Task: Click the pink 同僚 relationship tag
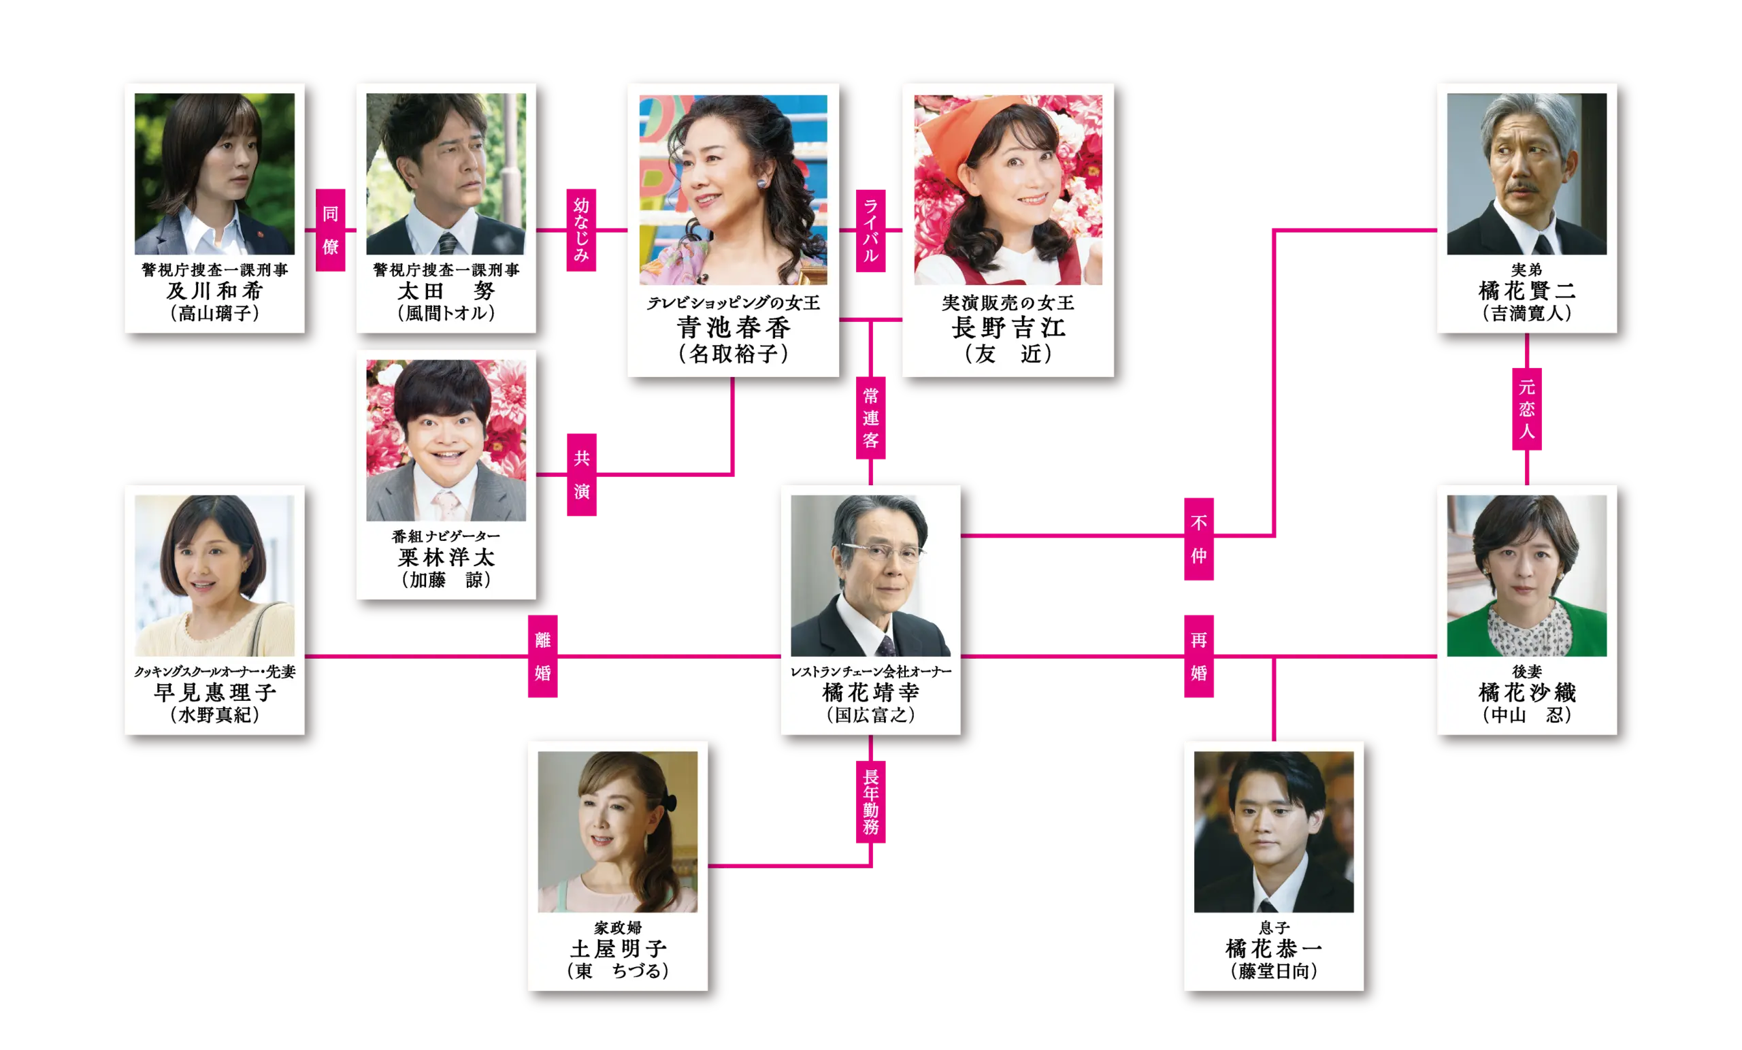[330, 230]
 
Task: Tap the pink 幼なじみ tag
[582, 229]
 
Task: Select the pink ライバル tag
[870, 231]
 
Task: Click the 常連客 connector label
[870, 418]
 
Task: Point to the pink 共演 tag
[582, 474]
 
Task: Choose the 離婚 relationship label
[542, 656]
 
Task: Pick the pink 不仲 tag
[1199, 539]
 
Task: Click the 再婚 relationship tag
[1199, 656]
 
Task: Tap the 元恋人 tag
[1526, 409]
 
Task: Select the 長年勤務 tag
[870, 801]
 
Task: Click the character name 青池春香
[733, 327]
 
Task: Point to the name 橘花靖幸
[870, 692]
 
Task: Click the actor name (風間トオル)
[446, 312]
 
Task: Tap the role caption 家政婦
[617, 927]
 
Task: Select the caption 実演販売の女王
[1008, 303]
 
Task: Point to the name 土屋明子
[617, 949]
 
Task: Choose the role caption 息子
[1274, 927]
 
